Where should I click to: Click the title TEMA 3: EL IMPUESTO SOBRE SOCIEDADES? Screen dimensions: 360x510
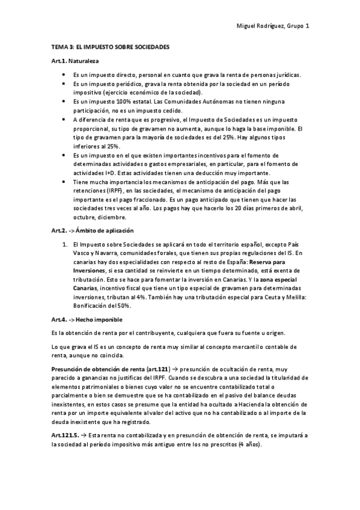point(110,46)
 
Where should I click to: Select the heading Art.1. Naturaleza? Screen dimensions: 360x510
point(75,61)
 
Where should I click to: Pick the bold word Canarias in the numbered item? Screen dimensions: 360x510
point(84,288)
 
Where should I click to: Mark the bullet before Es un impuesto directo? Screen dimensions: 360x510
point(64,75)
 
